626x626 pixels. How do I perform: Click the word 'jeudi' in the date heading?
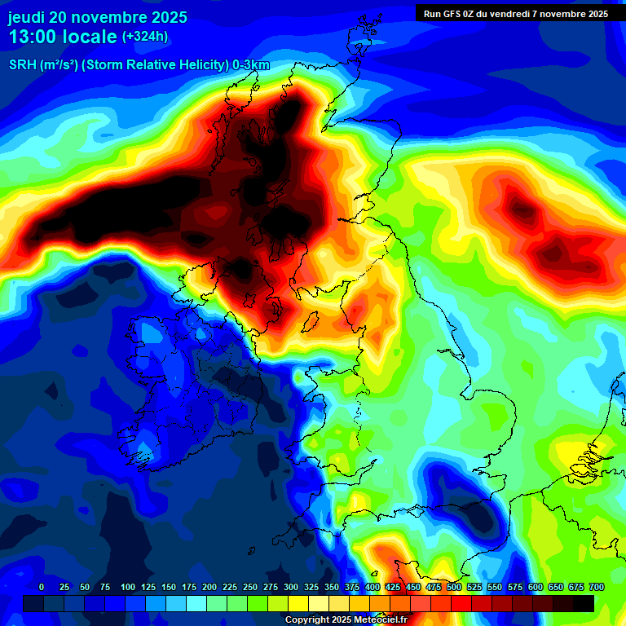(x=27, y=17)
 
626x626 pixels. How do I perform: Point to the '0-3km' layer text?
(x=251, y=66)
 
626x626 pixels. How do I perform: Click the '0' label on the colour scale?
(x=42, y=587)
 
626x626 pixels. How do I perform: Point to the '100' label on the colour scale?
(x=128, y=587)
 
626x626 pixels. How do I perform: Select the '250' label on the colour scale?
(x=250, y=587)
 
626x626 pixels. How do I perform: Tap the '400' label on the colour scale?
(x=373, y=587)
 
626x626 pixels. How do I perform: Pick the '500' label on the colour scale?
(x=454, y=587)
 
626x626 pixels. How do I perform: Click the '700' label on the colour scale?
(x=597, y=587)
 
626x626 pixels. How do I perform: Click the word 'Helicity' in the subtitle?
(x=200, y=66)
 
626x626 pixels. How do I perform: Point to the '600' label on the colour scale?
(x=536, y=587)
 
